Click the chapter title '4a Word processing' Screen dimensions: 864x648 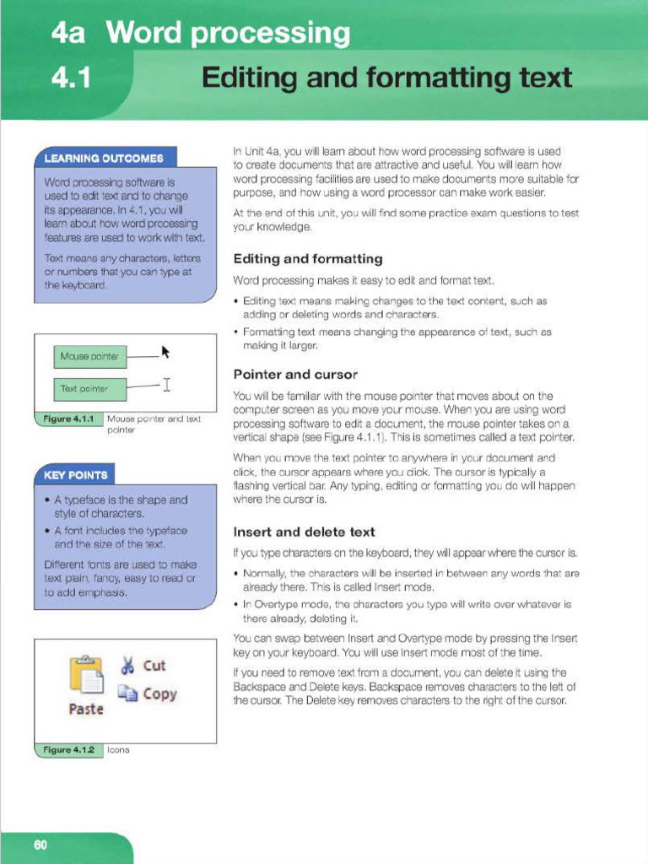(x=200, y=34)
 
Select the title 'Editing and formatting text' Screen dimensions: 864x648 (x=387, y=78)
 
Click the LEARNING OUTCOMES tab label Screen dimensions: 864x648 (x=104, y=158)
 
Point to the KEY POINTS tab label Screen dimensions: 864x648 (x=75, y=474)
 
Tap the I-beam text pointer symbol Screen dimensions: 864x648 (x=167, y=386)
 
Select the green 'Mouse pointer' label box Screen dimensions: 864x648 (x=89, y=357)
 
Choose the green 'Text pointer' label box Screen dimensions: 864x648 (x=89, y=389)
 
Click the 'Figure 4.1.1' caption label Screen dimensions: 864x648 (x=68, y=418)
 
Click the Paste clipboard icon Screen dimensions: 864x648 (x=85, y=676)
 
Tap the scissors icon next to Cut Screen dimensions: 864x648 (x=128, y=666)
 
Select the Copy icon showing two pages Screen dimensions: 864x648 (x=128, y=694)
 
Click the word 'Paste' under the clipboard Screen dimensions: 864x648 (x=85, y=709)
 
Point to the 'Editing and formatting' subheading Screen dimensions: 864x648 (x=307, y=259)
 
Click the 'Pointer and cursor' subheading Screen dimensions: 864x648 (x=294, y=374)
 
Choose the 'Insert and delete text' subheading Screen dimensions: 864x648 (x=304, y=532)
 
